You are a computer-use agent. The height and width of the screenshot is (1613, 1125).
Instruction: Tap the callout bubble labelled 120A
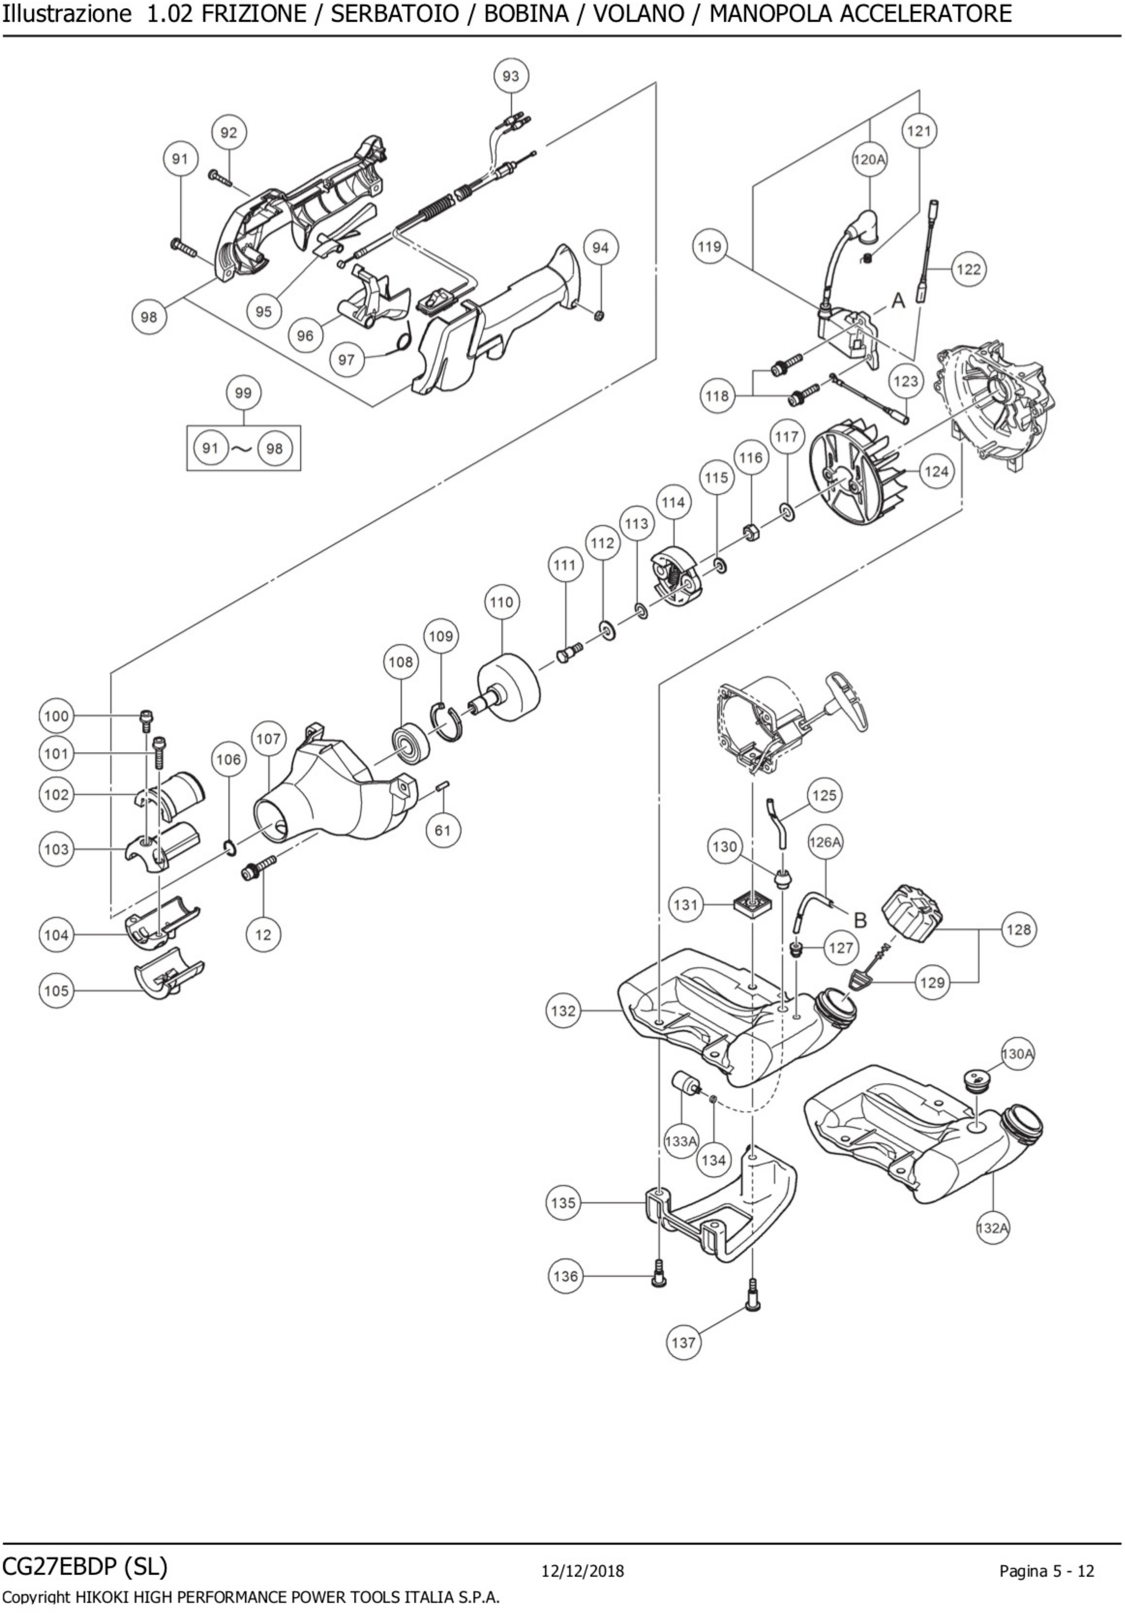869,160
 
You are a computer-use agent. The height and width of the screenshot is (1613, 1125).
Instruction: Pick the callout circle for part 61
442,830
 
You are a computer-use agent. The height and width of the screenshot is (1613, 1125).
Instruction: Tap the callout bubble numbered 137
683,1342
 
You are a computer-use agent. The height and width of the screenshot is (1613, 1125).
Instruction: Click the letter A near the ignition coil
898,301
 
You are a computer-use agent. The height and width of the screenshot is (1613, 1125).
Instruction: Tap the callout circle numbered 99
243,393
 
